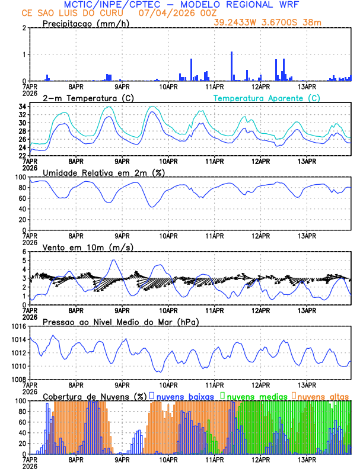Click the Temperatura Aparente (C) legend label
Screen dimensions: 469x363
coord(266,98)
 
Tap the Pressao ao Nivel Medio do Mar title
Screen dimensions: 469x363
coord(120,322)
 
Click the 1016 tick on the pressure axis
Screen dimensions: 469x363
coord(18,326)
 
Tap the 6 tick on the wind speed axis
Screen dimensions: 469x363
coord(24,252)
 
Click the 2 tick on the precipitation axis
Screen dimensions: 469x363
coord(24,28)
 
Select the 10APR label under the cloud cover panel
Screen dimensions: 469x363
coord(168,460)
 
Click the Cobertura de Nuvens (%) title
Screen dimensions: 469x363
coord(95,396)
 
